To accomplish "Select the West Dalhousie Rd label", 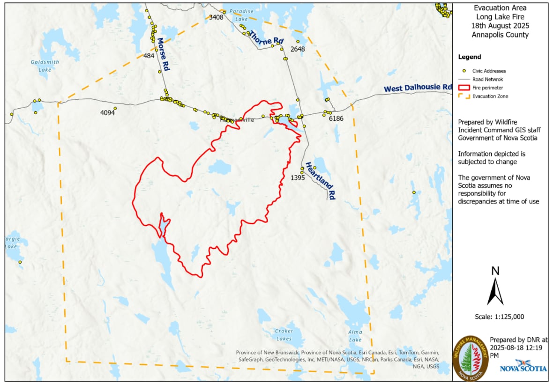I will (417, 88).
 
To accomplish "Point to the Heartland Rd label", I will (321, 181).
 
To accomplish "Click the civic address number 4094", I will (107, 113).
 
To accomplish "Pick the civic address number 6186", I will (336, 118).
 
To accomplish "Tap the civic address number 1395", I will (298, 178).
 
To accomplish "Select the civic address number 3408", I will (216, 17).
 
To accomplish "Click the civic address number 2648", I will (298, 49).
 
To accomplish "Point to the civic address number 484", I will (149, 56).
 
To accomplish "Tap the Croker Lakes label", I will (284, 334).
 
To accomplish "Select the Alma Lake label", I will (355, 335).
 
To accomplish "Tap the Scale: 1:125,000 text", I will (499, 317).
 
